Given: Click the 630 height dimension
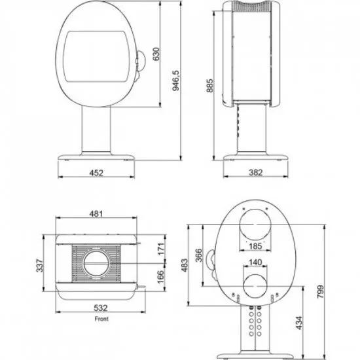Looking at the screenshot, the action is pyautogui.click(x=156, y=54).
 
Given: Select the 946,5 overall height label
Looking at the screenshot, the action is pyautogui.click(x=175, y=81).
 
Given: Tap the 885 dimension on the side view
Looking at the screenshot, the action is pyautogui.click(x=209, y=86).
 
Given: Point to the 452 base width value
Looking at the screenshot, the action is pyautogui.click(x=96, y=173).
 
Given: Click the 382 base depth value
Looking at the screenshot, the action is pyautogui.click(x=255, y=172).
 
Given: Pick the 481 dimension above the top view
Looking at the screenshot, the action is pyautogui.click(x=96, y=214).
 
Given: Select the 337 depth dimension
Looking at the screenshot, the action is pyautogui.click(x=40, y=266).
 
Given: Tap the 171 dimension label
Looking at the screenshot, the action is pyautogui.click(x=161, y=249).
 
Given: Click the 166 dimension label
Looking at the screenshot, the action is pyautogui.click(x=161, y=277).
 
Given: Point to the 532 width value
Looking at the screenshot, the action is pyautogui.click(x=101, y=308).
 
